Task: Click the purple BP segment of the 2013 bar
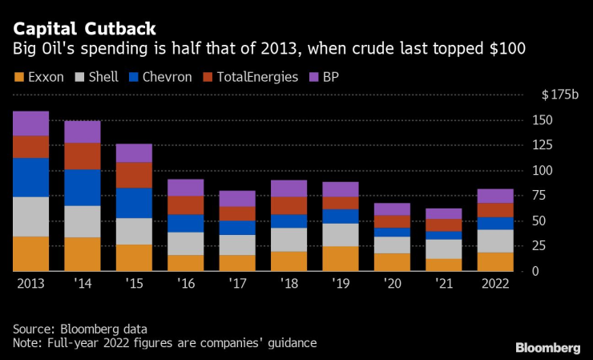[x=30, y=123]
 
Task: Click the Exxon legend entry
[x=38, y=77]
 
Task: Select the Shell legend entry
[x=99, y=77]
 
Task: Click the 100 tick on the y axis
[x=542, y=171]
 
